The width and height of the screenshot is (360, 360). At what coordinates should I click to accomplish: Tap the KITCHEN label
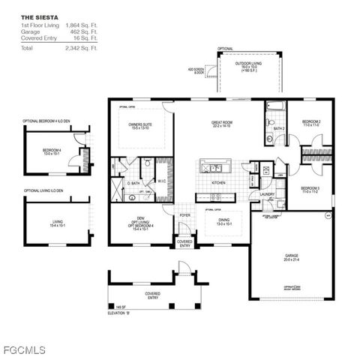(218, 182)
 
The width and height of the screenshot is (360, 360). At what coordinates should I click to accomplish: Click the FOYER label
(184, 215)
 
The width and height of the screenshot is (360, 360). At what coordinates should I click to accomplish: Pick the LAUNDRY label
(266, 194)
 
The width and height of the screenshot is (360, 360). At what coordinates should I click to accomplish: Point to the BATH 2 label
(280, 128)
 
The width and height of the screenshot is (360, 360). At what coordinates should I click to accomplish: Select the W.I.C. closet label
(161, 180)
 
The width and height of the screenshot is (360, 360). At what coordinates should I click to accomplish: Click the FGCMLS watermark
(25, 349)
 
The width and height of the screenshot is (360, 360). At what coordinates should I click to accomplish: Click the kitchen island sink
(213, 168)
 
